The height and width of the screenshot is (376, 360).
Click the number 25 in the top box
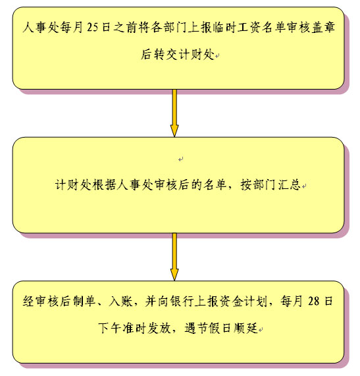(x=92, y=28)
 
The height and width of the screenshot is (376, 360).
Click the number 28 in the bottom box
(x=314, y=301)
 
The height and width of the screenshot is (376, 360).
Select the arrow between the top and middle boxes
(x=174, y=113)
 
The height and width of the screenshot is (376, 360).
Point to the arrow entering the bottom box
(x=174, y=257)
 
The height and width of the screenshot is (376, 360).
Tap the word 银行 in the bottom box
(x=183, y=301)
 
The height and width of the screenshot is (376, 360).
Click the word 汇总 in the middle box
(x=290, y=185)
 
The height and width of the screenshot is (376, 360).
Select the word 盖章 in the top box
(x=323, y=28)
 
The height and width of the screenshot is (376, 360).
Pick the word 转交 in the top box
(x=165, y=55)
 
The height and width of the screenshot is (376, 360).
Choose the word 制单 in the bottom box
(x=84, y=301)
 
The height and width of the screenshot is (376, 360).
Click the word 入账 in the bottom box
(x=120, y=301)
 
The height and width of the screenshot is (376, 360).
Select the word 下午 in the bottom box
(x=110, y=328)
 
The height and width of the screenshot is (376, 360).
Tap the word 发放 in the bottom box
(x=159, y=328)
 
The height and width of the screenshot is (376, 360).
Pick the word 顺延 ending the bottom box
(x=245, y=328)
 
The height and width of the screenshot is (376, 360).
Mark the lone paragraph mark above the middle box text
(x=181, y=159)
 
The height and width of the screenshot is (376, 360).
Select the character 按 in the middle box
(x=246, y=185)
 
